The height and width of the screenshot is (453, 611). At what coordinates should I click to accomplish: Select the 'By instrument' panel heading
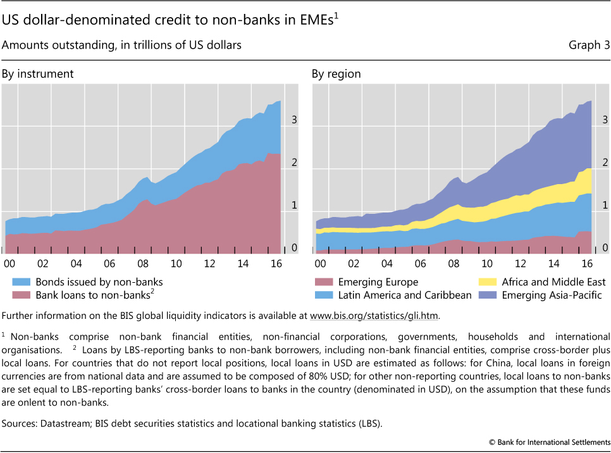pos(38,74)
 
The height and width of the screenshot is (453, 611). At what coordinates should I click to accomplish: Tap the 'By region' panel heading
pos(336,74)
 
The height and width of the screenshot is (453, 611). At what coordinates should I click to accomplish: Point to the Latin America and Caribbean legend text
pos(404,295)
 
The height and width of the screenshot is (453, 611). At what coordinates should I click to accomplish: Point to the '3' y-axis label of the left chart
pos(293,120)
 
